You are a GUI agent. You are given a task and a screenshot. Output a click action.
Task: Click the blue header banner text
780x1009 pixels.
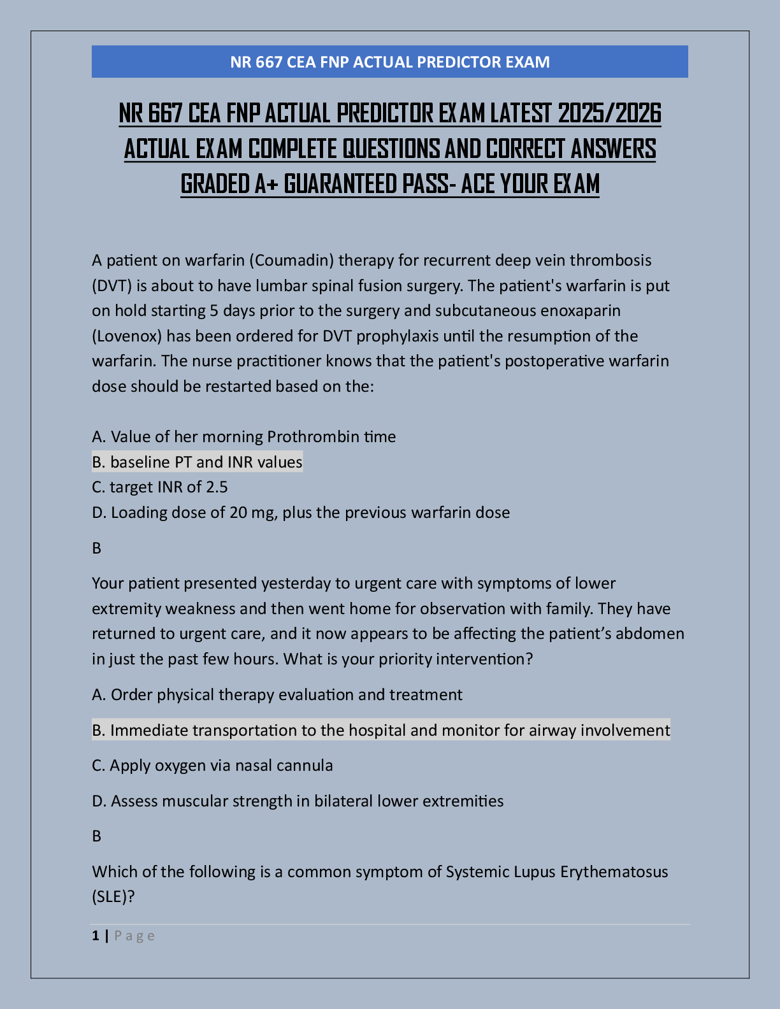tap(389, 62)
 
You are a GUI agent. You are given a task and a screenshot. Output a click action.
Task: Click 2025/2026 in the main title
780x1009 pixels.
tap(609, 114)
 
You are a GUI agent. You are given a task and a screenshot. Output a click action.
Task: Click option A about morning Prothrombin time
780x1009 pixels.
tap(243, 436)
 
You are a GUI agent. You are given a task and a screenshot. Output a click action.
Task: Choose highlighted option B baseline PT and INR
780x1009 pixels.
tap(197, 462)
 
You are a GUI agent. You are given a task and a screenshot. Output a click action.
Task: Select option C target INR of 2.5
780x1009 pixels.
tap(159, 487)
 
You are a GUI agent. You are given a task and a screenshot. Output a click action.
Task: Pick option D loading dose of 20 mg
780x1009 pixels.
tap(300, 512)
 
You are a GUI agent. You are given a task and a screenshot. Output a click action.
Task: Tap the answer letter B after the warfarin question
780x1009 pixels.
tap(97, 548)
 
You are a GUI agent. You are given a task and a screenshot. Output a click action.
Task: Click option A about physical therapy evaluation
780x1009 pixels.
tap(277, 694)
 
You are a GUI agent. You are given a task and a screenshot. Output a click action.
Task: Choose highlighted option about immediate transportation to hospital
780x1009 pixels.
tap(380, 730)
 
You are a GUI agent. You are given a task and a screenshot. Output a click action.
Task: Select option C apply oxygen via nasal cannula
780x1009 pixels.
tap(212, 765)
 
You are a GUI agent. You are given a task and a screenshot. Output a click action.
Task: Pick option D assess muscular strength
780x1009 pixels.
tap(298, 801)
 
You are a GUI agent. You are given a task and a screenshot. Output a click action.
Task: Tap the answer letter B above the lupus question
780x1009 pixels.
tap(97, 836)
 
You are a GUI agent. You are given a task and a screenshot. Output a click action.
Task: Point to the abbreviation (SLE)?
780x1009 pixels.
tap(113, 897)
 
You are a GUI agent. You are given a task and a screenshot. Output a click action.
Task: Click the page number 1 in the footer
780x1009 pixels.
tap(96, 936)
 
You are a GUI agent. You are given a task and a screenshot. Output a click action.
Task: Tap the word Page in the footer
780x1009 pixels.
tap(134, 936)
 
